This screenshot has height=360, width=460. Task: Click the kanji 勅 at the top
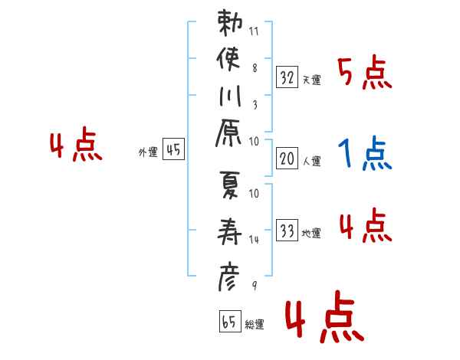point(230,23)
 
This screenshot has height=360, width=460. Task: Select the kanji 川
point(230,96)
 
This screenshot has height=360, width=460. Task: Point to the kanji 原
point(228,133)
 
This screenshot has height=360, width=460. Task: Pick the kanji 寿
point(229,231)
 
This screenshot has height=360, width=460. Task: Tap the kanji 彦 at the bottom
point(228,277)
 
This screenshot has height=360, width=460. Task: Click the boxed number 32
point(287,77)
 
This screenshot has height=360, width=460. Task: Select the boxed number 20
point(287,159)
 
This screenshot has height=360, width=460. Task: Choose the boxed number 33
point(287,231)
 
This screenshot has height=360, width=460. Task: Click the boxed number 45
point(173,149)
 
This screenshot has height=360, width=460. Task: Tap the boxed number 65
point(230,321)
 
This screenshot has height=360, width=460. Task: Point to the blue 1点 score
point(365,152)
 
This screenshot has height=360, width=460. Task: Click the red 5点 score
point(365,73)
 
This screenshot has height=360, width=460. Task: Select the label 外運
point(148,152)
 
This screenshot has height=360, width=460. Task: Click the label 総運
point(255,325)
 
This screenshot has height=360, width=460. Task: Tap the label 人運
point(312,162)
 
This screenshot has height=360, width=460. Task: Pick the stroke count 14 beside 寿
point(254,240)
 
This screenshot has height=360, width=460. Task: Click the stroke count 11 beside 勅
point(254,31)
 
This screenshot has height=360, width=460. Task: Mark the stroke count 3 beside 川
point(255,105)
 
